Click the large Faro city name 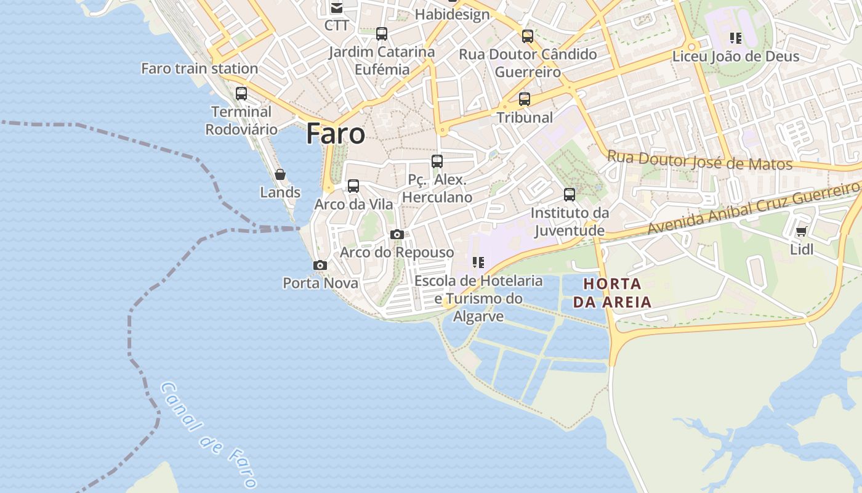coord(336,133)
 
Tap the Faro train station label coord(199,68)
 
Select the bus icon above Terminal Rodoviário coord(241,94)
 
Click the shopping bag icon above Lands coord(280,174)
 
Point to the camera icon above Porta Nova coord(320,265)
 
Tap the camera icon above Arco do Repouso coord(397,234)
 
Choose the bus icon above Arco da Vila coord(353,185)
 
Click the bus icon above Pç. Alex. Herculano coord(437,161)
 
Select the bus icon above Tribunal coord(525,99)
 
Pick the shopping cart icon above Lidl coord(801,232)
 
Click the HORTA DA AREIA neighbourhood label coord(612,293)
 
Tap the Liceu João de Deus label coord(736,56)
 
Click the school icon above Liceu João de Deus coord(736,38)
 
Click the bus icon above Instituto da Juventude coord(570,195)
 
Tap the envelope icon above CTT coord(337,8)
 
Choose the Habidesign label coord(452,14)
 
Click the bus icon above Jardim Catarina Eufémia coord(382,33)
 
